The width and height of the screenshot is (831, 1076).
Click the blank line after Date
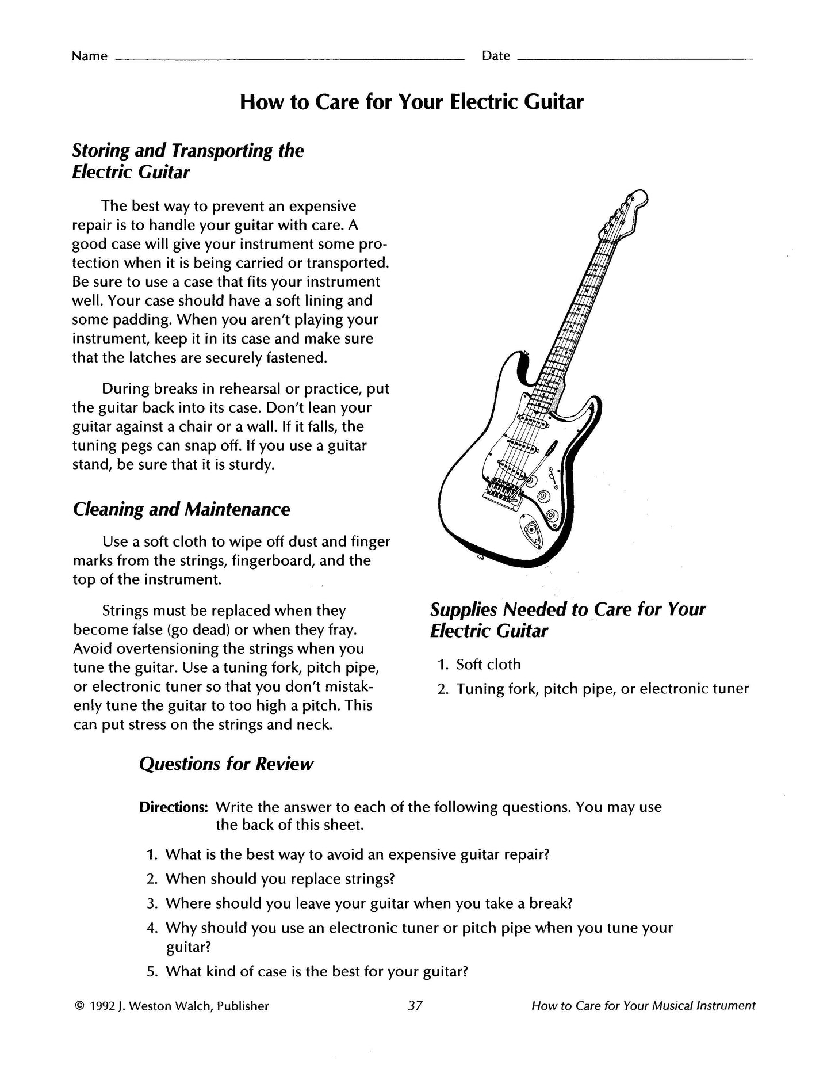click(x=635, y=58)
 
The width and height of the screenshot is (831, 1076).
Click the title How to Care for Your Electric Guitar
click(x=411, y=102)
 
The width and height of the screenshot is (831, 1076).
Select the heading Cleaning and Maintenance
click(x=181, y=509)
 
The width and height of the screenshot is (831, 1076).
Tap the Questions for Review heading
click(x=226, y=764)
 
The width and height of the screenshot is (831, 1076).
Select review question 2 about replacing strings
click(x=279, y=879)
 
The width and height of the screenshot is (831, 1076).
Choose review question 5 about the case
click(x=316, y=972)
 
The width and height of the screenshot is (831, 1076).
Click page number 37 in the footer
click(x=415, y=1006)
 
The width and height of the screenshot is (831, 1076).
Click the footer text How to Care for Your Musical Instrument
click(x=643, y=1006)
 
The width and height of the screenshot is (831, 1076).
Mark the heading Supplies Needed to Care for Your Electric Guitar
click(x=567, y=620)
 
